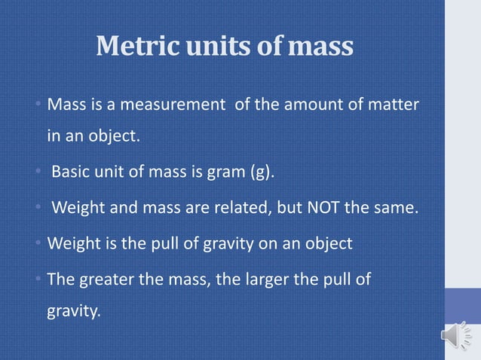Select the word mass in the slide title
(x=320, y=47)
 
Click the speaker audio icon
(x=456, y=335)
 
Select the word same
(x=394, y=209)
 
